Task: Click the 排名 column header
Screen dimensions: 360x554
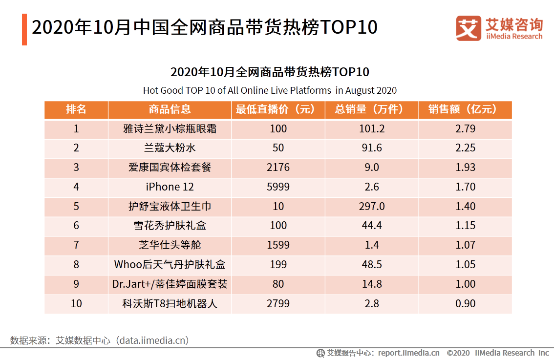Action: point(76,109)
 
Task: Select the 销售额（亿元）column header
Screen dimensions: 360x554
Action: point(465,109)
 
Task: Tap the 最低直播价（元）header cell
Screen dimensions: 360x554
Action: point(278,109)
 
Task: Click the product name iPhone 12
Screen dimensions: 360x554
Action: point(170,187)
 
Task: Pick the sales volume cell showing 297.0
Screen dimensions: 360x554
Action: point(371,206)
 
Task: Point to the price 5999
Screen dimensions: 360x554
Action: point(278,187)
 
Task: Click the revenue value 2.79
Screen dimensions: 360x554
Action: point(465,129)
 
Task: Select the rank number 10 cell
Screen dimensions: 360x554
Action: point(76,303)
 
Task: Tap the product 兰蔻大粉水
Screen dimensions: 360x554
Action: point(170,148)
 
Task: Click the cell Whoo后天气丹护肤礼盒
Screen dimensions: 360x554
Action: point(170,264)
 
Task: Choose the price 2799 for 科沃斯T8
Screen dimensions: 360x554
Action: point(278,303)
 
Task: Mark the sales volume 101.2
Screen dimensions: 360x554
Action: point(371,129)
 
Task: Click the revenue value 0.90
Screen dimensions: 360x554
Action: point(465,303)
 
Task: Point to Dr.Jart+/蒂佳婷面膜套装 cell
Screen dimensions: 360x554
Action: point(170,284)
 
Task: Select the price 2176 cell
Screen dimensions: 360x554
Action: point(278,168)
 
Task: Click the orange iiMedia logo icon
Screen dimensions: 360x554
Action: point(469,28)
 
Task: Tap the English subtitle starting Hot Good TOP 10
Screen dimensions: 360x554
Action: point(270,90)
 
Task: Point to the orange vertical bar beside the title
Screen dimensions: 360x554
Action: point(24,29)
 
